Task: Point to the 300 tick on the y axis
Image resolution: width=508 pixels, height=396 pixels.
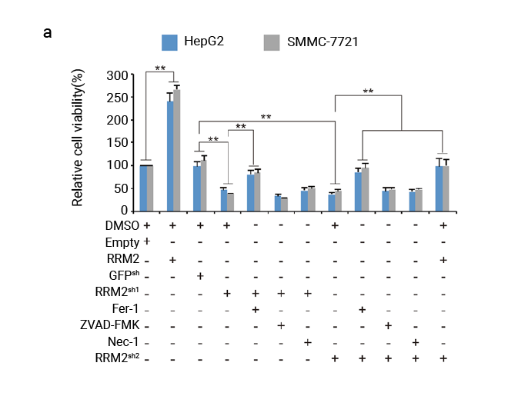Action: pyautogui.click(x=117, y=75)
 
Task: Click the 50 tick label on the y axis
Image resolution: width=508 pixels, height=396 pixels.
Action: pyautogui.click(x=120, y=188)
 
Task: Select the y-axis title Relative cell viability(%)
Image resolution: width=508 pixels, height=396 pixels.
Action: pyautogui.click(x=78, y=138)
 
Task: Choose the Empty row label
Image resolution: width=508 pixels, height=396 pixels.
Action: pyautogui.click(x=125, y=242)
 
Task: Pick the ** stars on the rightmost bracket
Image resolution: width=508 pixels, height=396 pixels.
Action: pyautogui.click(x=368, y=92)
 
